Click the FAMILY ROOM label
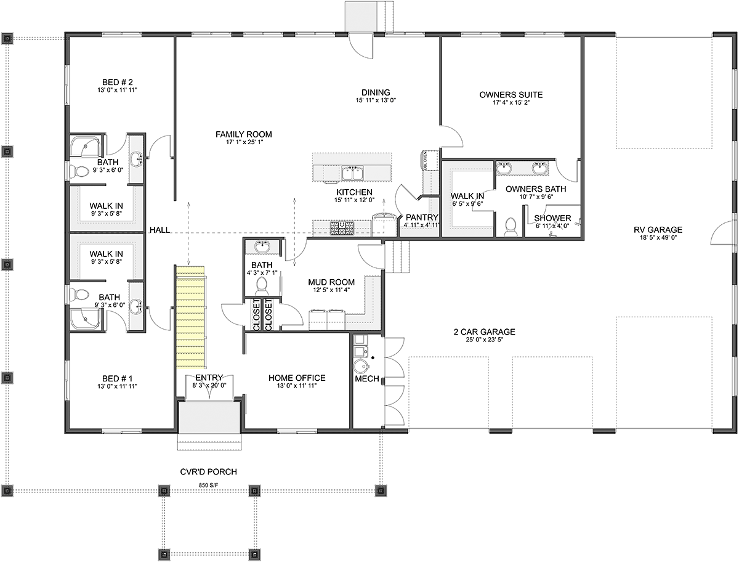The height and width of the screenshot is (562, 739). tap(244, 135)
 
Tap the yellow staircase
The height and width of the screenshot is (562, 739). tap(190, 317)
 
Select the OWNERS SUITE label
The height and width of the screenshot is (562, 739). tap(511, 95)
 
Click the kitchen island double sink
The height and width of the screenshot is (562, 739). tap(352, 174)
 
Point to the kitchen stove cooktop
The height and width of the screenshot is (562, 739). tap(342, 228)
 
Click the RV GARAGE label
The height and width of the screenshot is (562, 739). tap(658, 230)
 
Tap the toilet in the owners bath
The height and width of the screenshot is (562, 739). tap(511, 227)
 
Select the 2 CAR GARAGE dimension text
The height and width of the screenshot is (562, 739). tap(484, 340)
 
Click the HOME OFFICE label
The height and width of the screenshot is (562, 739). tap(297, 378)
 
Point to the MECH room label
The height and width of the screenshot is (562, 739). tap(367, 379)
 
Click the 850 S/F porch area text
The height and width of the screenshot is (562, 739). tap(208, 485)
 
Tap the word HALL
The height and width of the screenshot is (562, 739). tap(160, 230)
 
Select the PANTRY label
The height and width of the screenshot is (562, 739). tap(422, 218)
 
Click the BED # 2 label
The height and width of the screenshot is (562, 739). tap(118, 82)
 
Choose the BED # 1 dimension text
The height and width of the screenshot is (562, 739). tap(117, 386)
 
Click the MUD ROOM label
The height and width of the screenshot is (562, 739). tap(331, 282)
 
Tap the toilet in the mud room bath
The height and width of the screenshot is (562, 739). tap(261, 287)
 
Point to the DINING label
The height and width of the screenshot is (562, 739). tap(376, 92)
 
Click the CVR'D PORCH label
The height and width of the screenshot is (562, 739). tap(208, 472)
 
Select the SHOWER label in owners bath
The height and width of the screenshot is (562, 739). tap(552, 218)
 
